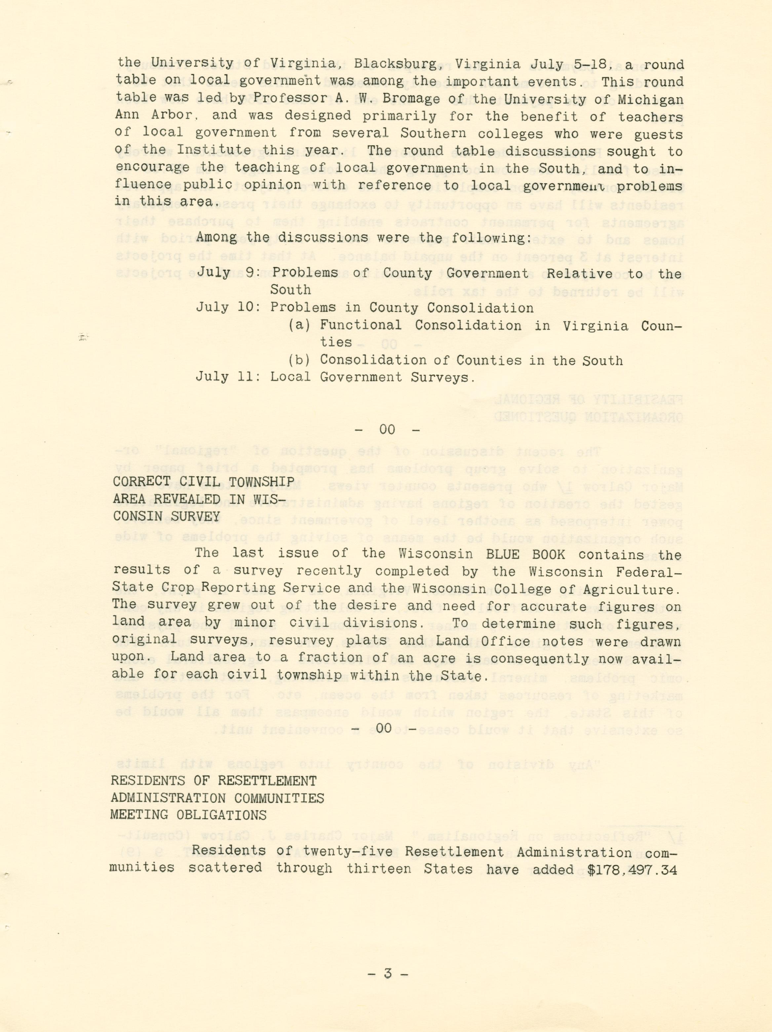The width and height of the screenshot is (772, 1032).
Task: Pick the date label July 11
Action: click(227, 377)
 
